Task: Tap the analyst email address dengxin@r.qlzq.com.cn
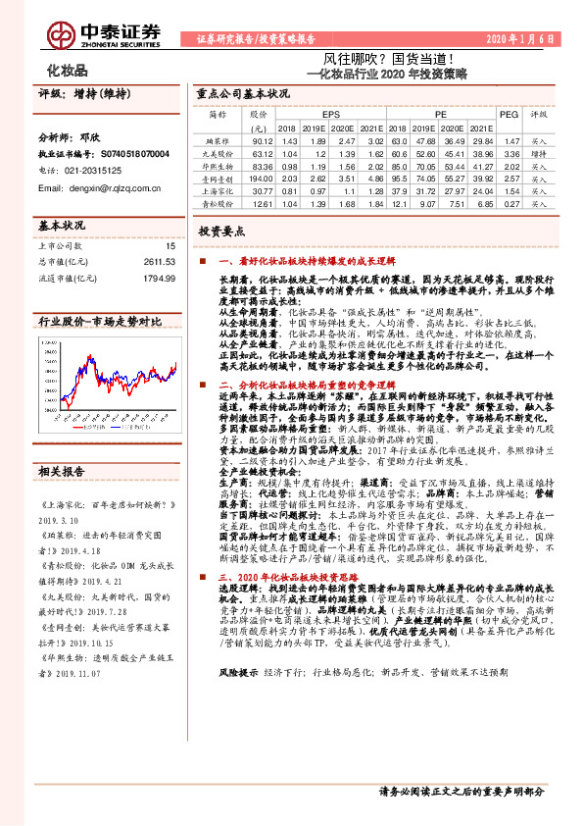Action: tap(98, 182)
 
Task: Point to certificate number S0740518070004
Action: tap(121, 154)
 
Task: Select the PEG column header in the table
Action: tap(509, 114)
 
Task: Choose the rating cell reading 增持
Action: tap(538, 154)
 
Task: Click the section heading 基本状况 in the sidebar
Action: tap(59, 225)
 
